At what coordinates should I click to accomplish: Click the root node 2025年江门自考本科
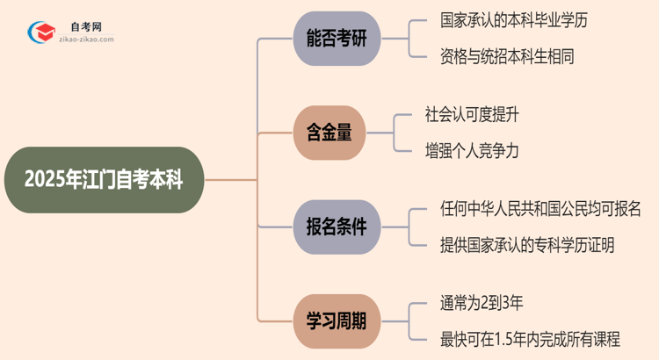pyautogui.click(x=104, y=181)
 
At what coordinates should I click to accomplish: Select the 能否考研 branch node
pyautogui.click(x=337, y=39)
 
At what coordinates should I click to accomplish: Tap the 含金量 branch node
pyautogui.click(x=329, y=133)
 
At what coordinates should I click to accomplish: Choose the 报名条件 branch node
pyautogui.click(x=337, y=228)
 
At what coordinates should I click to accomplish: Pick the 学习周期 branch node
pyautogui.click(x=337, y=322)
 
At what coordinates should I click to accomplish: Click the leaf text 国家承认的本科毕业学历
pyautogui.click(x=512, y=21)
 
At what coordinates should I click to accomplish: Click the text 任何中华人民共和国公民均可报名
pyautogui.click(x=540, y=210)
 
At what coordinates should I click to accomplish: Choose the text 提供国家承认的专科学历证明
pyautogui.click(x=526, y=245)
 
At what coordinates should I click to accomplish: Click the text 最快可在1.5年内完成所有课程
pyautogui.click(x=530, y=340)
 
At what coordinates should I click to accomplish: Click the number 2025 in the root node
pyautogui.click(x=43, y=181)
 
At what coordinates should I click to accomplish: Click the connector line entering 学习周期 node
pyautogui.click(x=272, y=322)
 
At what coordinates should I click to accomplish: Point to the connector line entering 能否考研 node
pyautogui.click(x=272, y=39)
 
